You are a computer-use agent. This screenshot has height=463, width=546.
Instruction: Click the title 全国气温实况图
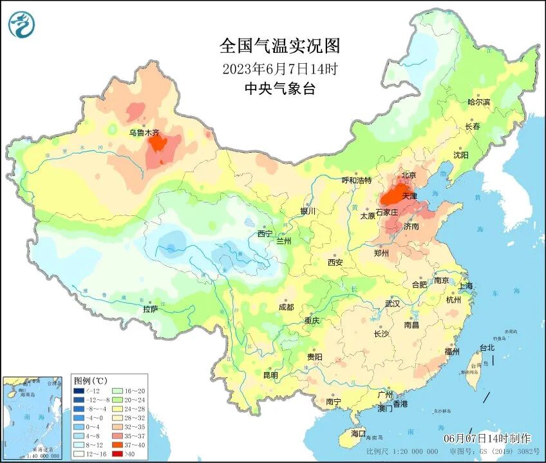tap(279, 46)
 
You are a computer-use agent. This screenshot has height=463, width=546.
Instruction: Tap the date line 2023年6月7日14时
tap(279, 68)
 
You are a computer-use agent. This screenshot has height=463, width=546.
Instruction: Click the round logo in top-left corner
tap(22, 25)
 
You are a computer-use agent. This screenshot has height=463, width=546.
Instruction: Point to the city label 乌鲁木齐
tap(144, 132)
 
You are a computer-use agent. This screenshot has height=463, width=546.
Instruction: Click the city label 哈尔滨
tap(478, 102)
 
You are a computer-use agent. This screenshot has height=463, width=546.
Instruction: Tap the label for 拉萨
tap(151, 309)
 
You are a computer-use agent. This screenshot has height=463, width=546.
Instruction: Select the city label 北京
tap(409, 175)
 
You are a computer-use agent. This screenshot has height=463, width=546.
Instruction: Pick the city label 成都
tap(287, 307)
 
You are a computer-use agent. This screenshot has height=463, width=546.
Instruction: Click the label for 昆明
tap(270, 375)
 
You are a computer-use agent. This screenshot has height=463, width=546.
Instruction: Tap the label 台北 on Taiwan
tap(487, 348)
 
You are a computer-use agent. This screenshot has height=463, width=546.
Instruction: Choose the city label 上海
tap(465, 286)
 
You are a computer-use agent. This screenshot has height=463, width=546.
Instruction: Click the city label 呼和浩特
tap(357, 180)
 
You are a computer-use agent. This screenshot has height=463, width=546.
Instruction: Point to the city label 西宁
tap(265, 233)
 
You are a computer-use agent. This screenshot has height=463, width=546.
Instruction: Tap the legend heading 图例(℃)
tap(91, 380)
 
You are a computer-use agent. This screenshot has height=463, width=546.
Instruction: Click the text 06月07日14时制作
tap(487, 438)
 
